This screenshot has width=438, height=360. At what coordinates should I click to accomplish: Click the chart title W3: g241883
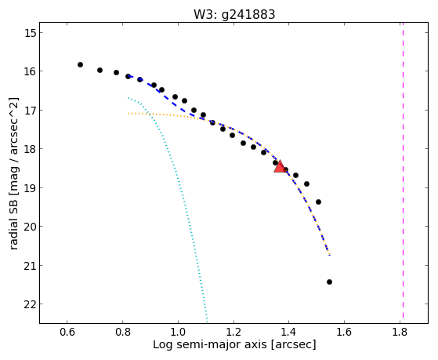click(x=234, y=14)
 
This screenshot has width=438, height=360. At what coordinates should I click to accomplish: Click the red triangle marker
click(x=280, y=167)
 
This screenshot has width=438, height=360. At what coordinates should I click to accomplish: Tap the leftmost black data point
click(x=80, y=64)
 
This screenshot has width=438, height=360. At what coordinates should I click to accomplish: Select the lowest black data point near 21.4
click(x=329, y=282)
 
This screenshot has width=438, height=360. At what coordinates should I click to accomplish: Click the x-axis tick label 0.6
click(x=67, y=333)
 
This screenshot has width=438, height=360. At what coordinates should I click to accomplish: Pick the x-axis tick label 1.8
click(x=400, y=333)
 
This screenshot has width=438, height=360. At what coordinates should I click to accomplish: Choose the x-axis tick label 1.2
click(x=233, y=333)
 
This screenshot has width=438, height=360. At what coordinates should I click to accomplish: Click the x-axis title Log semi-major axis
click(x=209, y=345)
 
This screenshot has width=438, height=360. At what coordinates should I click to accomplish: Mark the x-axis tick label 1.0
click(x=178, y=333)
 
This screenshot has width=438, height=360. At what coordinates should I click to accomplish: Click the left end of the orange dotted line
click(x=129, y=113)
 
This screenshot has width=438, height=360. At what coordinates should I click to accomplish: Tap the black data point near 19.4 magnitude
click(x=318, y=202)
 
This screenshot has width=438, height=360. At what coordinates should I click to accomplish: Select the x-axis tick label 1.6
click(x=344, y=333)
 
